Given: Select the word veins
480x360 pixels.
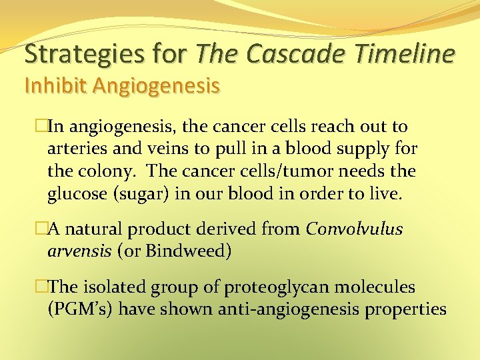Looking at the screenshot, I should click(161, 149).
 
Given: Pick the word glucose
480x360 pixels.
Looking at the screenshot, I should click(75, 194).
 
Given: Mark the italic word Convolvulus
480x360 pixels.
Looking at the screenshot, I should click(354, 229).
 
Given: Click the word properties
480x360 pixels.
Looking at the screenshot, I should click(404, 310).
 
